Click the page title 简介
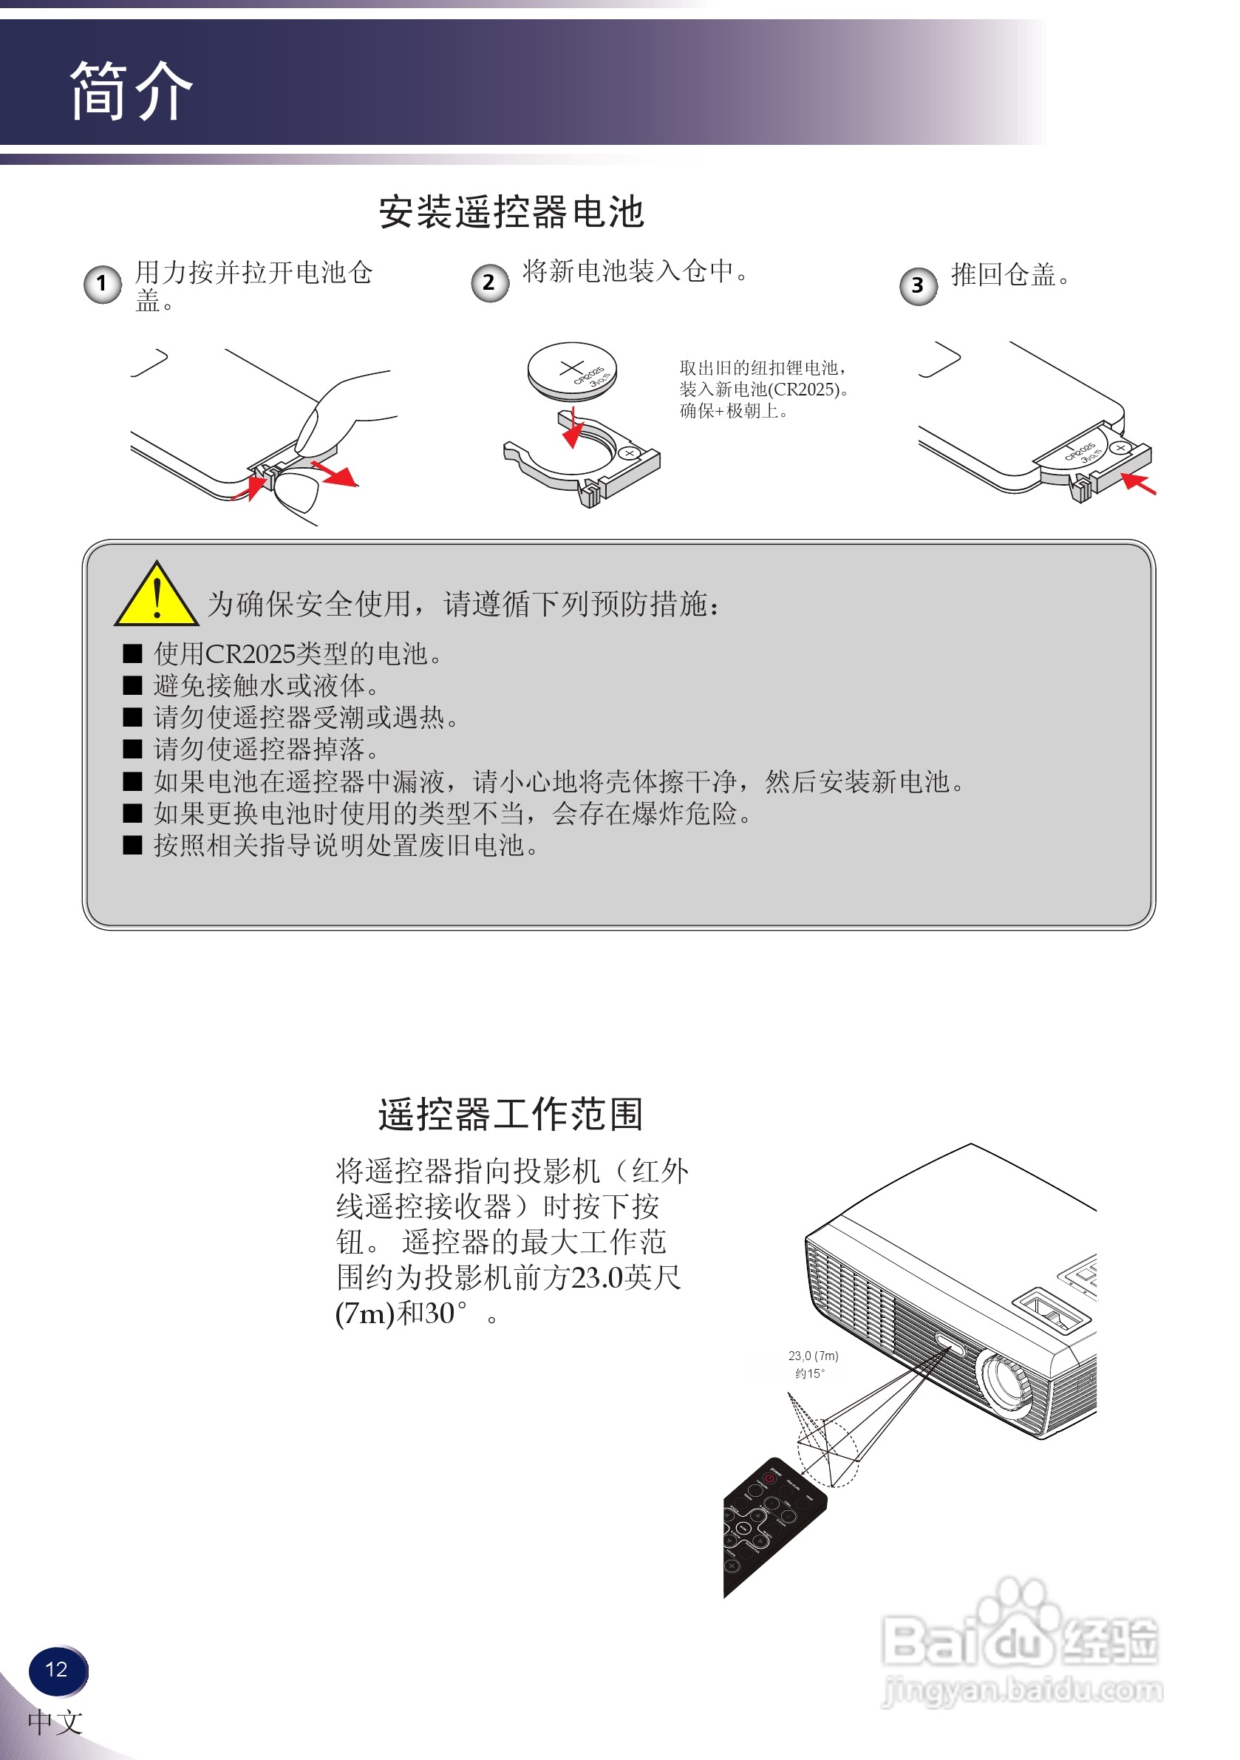131,91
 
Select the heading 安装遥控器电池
511,211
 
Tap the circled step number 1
102,285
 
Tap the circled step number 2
489,283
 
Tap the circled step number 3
917,286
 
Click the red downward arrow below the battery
573,430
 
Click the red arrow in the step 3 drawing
1139,483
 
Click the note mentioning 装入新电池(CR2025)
763,390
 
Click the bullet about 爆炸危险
452,813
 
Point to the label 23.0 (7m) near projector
813,1356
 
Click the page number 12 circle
58,1670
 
